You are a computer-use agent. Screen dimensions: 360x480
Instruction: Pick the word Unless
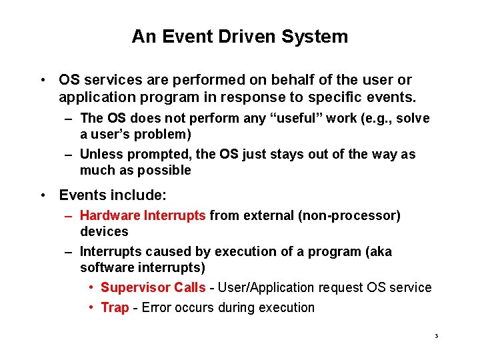coord(99,155)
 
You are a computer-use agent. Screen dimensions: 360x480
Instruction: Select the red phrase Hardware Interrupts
coord(143,216)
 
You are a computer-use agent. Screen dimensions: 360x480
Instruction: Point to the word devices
coord(104,231)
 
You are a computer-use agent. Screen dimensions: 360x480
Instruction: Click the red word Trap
coord(115,308)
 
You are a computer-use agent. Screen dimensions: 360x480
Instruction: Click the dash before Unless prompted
coord(69,155)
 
